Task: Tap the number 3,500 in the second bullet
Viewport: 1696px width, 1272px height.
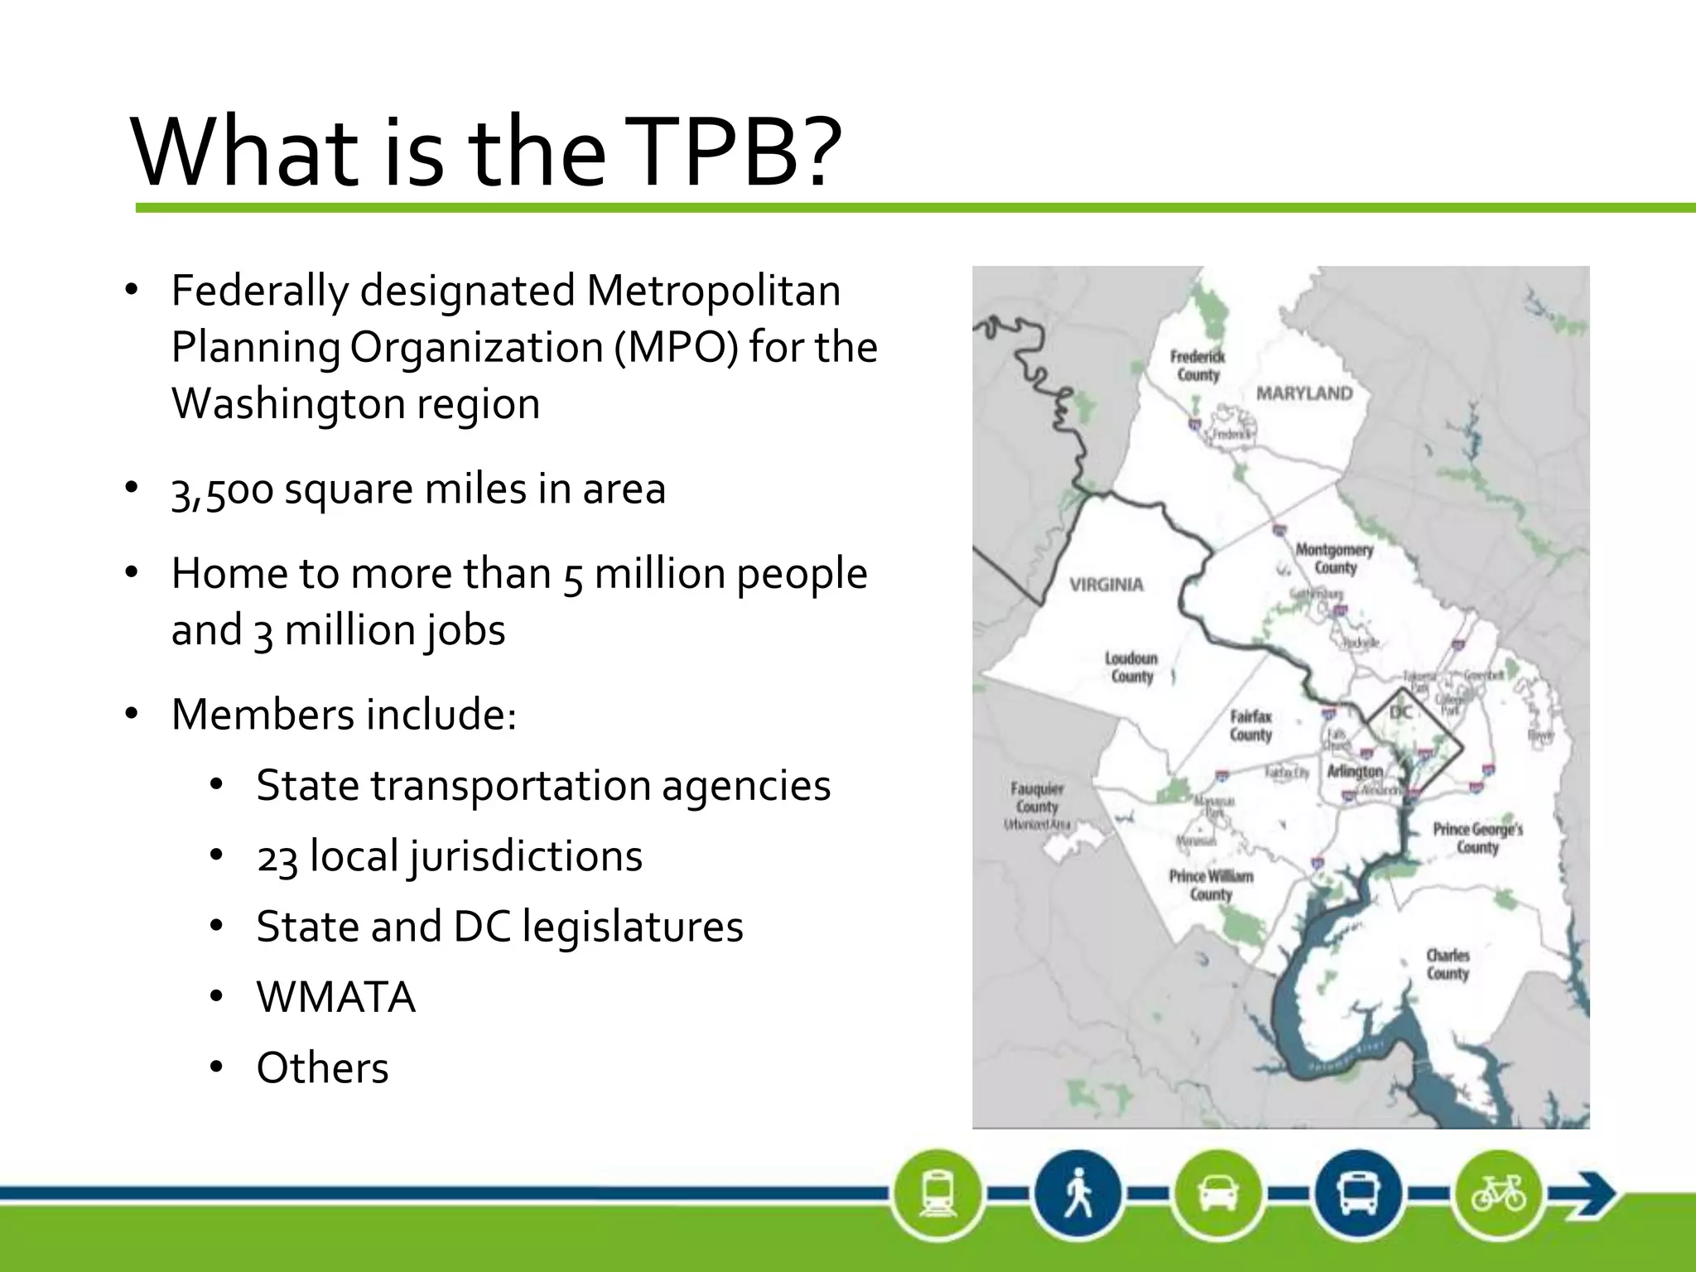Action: (x=221, y=490)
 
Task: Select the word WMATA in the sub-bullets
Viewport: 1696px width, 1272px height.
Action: (x=335, y=997)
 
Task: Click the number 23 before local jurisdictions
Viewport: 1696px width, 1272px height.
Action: (x=277, y=857)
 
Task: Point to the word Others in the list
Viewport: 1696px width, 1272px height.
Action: (x=322, y=1067)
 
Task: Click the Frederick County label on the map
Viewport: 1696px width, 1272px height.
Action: (x=1197, y=365)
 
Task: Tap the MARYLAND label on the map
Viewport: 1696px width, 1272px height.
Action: (x=1304, y=393)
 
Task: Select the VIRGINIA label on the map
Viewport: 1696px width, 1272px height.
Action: (x=1106, y=585)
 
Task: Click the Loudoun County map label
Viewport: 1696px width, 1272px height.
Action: (x=1131, y=667)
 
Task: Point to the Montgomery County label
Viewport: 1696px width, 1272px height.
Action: (x=1334, y=558)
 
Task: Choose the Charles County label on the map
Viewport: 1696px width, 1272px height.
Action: (x=1448, y=965)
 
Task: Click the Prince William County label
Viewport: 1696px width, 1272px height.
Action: (x=1211, y=885)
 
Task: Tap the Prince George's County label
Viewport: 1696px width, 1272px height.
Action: (x=1477, y=837)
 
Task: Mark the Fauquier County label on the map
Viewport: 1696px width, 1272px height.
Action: (x=1037, y=798)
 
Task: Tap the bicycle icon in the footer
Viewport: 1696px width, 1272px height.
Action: (x=1498, y=1193)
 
